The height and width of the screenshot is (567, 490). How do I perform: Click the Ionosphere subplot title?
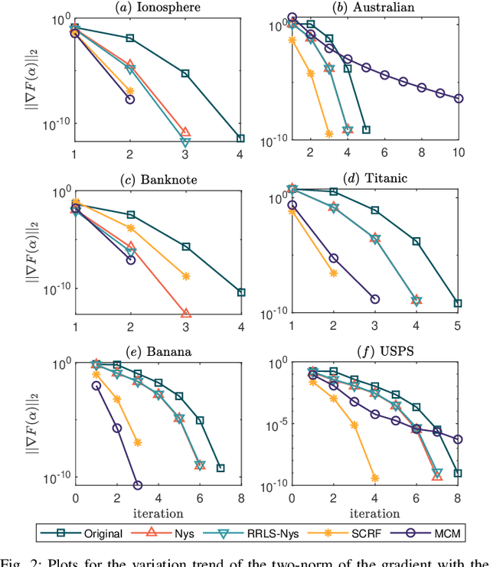click(x=157, y=8)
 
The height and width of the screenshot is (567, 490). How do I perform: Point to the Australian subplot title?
click(x=375, y=8)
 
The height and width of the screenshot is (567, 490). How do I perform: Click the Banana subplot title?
click(x=157, y=351)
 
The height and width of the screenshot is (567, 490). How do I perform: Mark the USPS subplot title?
click(x=375, y=351)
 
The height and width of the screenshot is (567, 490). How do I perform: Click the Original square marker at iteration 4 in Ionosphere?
click(x=240, y=138)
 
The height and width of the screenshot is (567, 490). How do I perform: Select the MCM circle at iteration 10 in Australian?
click(x=459, y=98)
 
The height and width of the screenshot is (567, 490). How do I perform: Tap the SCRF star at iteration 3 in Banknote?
click(x=185, y=276)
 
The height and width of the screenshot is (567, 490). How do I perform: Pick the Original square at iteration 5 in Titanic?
click(x=458, y=304)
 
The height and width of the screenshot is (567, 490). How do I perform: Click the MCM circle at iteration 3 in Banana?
click(x=138, y=485)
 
